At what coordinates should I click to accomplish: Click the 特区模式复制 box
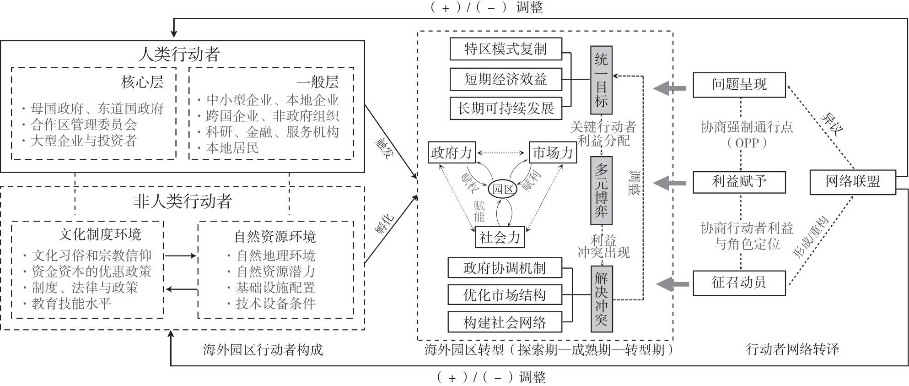(x=506, y=49)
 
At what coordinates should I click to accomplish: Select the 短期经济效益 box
(x=506, y=79)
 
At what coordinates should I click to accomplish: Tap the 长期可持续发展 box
(x=506, y=109)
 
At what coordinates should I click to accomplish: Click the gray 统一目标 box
(x=601, y=80)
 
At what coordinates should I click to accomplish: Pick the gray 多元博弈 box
(x=601, y=190)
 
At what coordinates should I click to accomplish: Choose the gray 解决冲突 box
(x=601, y=299)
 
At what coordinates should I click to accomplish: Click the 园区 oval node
(x=502, y=189)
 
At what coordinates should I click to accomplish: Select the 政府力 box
(x=452, y=152)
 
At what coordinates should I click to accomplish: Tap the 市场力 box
(x=553, y=152)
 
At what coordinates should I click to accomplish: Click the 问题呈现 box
(x=739, y=85)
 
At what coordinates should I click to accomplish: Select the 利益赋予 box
(x=739, y=182)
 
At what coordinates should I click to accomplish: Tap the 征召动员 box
(x=739, y=283)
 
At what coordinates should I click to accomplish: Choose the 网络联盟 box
(x=852, y=182)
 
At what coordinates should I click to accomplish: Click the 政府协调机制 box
(x=505, y=268)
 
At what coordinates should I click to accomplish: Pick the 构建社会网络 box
(x=505, y=322)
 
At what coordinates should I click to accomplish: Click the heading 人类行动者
(x=179, y=54)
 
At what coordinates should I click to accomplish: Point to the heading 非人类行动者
(x=183, y=201)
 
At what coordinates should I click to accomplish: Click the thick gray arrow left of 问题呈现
(x=670, y=88)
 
